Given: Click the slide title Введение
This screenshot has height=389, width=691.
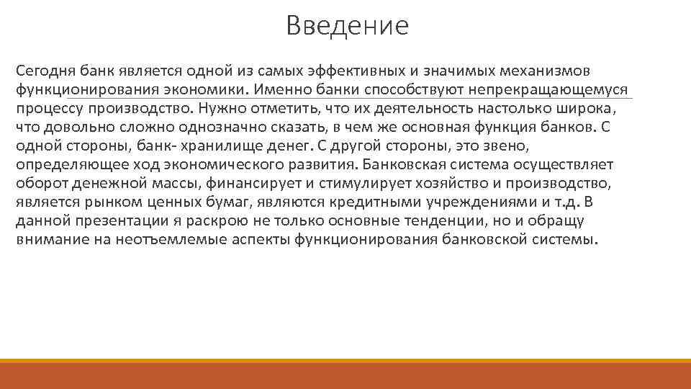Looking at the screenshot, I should tap(346, 27).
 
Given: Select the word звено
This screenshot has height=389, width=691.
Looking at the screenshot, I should tap(507, 147).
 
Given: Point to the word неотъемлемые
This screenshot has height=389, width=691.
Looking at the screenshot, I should tap(170, 240).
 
